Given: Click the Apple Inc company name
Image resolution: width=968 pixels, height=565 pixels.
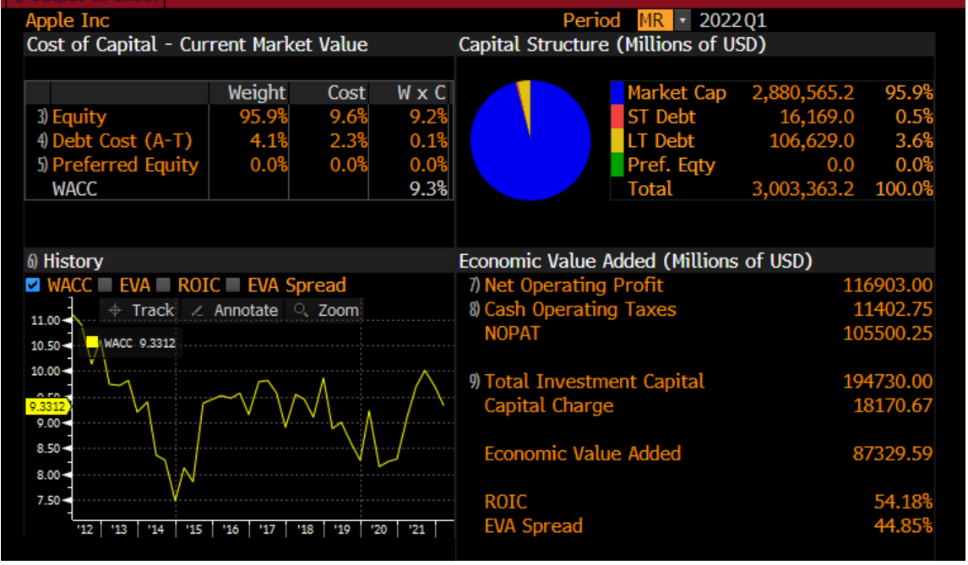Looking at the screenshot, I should (x=68, y=20).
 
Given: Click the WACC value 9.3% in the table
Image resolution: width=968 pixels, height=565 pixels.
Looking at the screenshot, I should (x=428, y=188).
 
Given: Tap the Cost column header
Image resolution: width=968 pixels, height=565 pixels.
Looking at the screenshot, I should (x=346, y=93).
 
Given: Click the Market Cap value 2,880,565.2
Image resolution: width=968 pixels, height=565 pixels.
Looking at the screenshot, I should (x=802, y=93).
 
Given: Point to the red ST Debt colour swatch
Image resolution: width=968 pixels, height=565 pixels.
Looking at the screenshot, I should (x=617, y=117).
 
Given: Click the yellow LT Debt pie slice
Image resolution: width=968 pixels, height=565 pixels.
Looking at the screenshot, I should (x=525, y=97).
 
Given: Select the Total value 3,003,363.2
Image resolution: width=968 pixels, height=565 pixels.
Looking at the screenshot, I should (x=802, y=188).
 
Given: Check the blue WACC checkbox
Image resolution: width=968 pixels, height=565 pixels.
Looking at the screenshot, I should (x=33, y=285).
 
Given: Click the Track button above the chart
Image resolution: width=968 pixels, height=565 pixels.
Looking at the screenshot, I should (x=142, y=310).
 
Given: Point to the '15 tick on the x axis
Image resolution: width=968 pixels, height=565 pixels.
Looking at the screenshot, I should (x=194, y=530).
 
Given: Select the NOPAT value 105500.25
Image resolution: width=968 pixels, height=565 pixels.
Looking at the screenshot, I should (x=888, y=334).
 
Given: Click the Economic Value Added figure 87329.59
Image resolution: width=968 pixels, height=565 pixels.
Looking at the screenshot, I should (x=892, y=454).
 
